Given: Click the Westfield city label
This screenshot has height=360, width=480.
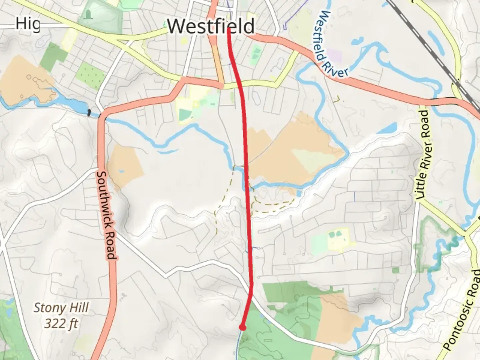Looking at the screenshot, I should pyautogui.click(x=211, y=26).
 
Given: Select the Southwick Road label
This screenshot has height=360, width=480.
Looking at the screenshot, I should pyautogui.click(x=106, y=215).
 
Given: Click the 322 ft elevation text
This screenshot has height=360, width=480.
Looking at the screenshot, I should pyautogui.click(x=61, y=323).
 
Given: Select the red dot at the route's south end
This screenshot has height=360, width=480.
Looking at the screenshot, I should pyautogui.click(x=243, y=328).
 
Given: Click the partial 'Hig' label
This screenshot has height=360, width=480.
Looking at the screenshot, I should pyautogui.click(x=28, y=24).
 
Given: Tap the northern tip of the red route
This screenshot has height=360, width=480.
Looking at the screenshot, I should pyautogui.click(x=229, y=29).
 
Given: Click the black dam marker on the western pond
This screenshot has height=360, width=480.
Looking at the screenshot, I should pyautogui.click(x=89, y=113).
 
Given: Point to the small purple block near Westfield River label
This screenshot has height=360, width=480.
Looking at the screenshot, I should pyautogui.click(x=334, y=55).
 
